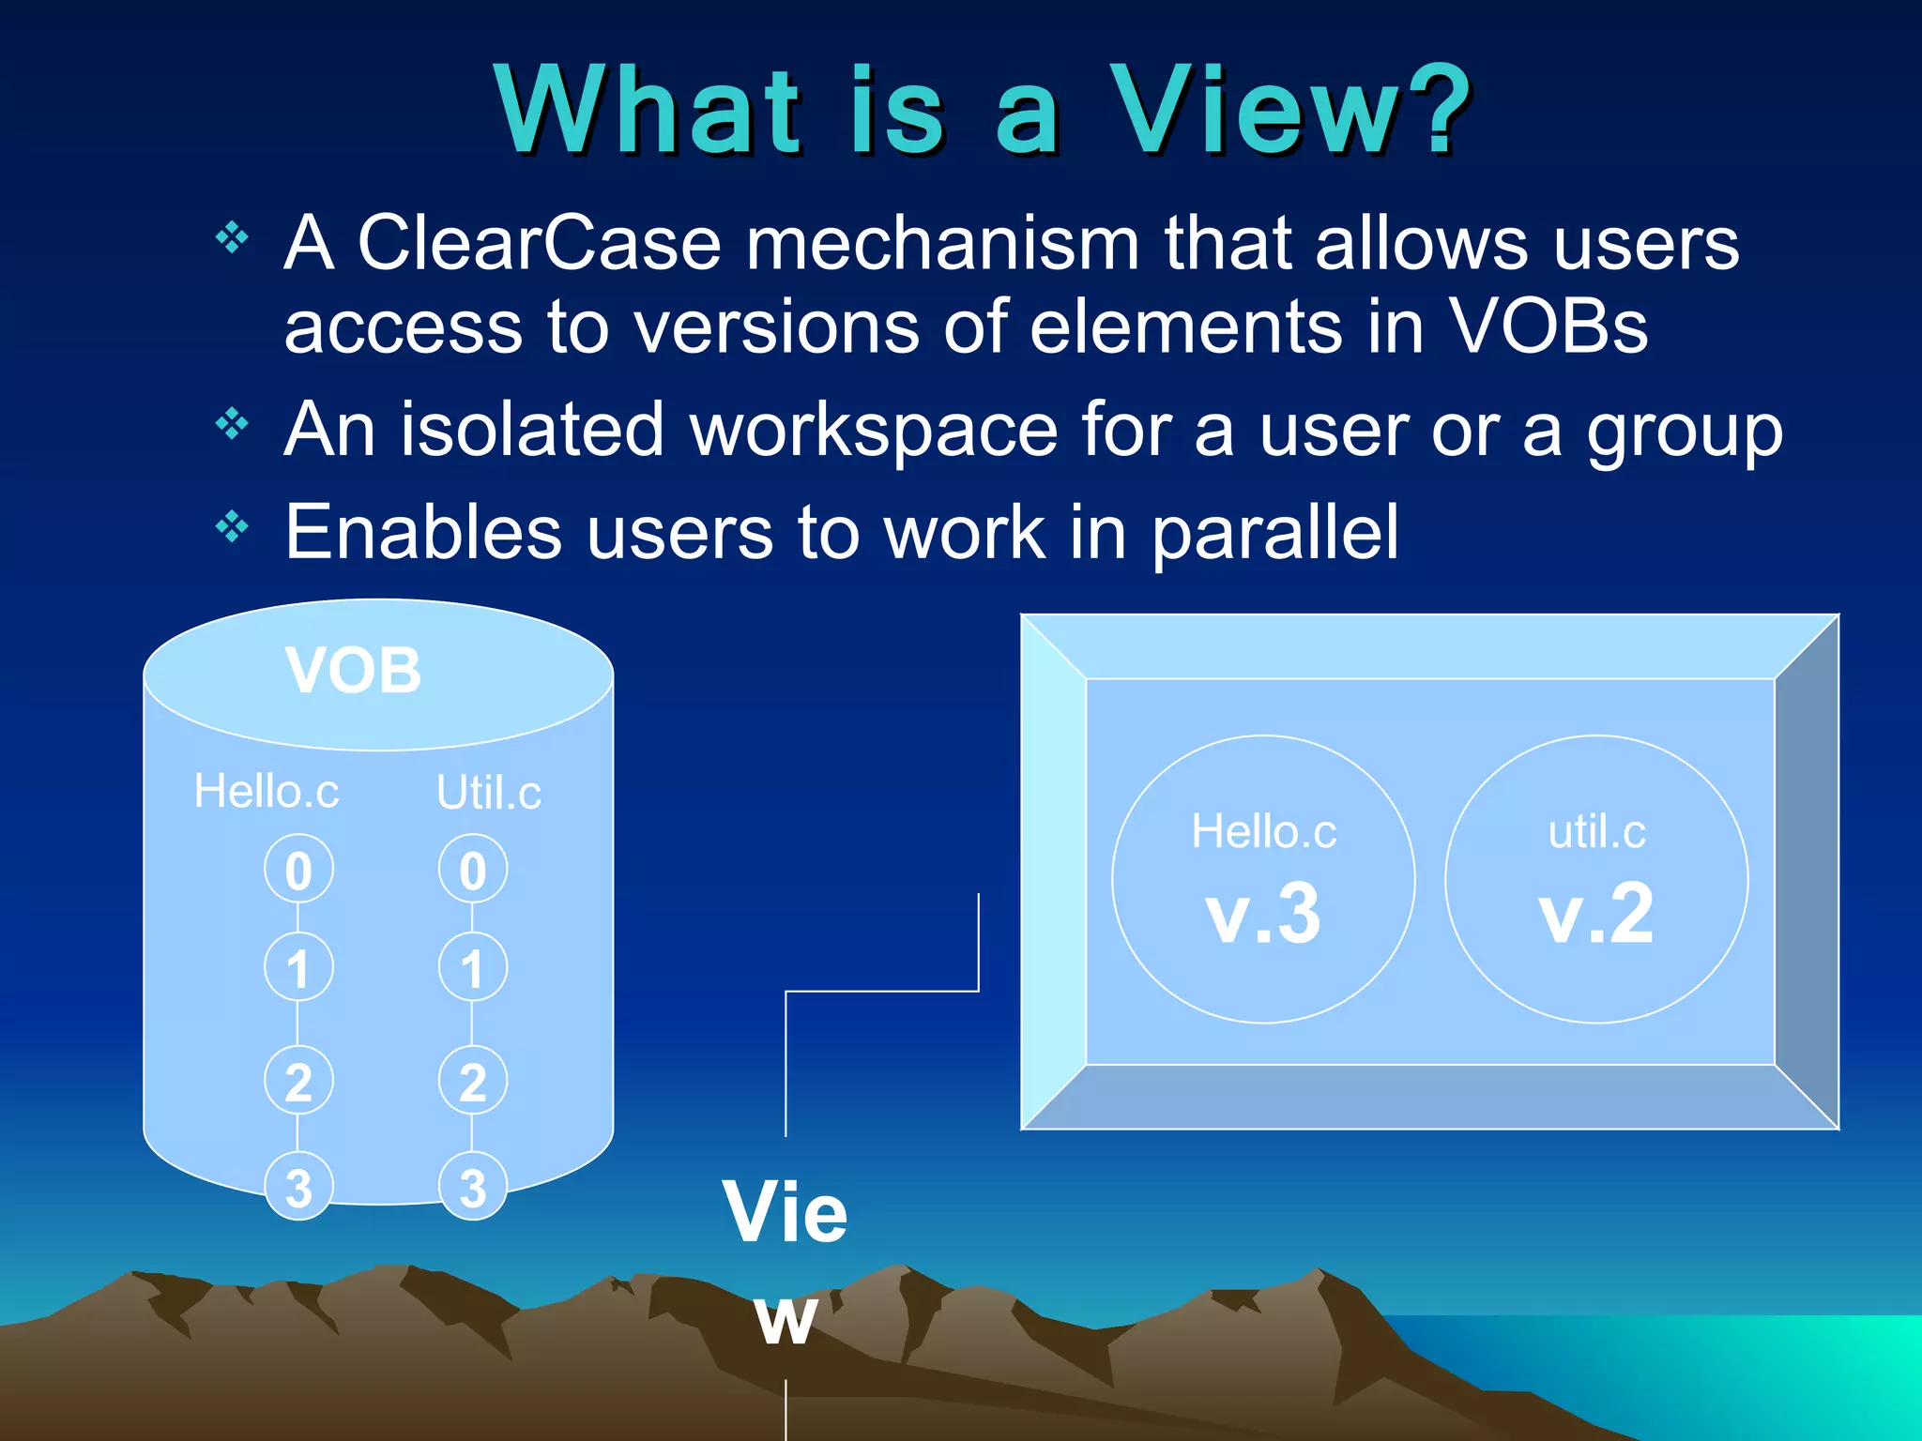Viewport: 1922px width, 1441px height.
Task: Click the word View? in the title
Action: coord(1289,111)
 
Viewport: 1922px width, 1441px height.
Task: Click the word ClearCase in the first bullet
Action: coord(539,244)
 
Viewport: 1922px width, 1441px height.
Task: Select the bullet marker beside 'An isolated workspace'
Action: coord(231,425)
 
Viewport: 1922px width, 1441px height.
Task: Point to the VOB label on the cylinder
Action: coord(354,671)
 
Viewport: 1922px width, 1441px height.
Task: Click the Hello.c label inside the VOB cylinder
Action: coord(267,792)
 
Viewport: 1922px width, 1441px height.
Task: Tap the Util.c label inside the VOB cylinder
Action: coord(488,794)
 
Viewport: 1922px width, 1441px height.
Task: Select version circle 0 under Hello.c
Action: coord(298,871)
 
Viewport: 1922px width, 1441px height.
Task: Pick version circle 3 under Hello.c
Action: coord(298,1188)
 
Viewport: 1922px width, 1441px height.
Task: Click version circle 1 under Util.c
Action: coord(473,968)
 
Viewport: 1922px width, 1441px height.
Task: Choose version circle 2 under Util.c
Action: coord(473,1082)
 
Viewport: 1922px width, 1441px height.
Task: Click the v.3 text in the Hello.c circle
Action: coord(1263,914)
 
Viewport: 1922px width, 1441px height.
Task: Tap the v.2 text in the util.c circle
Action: coord(1595,914)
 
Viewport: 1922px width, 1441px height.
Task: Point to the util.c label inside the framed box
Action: coord(1596,832)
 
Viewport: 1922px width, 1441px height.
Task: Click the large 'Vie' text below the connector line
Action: coord(785,1212)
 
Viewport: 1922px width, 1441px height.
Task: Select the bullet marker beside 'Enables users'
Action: coord(231,527)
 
